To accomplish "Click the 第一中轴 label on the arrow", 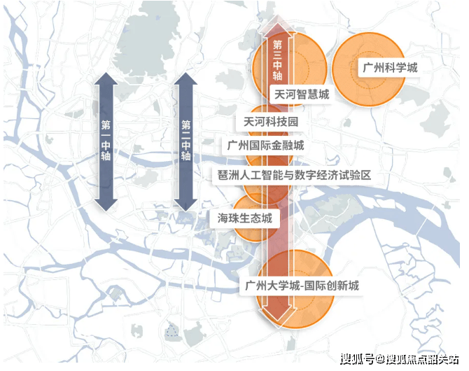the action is pyautogui.click(x=106, y=140).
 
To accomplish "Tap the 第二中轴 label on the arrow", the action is pyautogui.click(x=185, y=140).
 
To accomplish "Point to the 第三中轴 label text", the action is pyautogui.click(x=277, y=60).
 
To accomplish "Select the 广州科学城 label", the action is pyautogui.click(x=390, y=68).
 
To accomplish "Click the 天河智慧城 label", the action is pyautogui.click(x=302, y=94).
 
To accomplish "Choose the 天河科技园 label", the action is pyautogui.click(x=271, y=122).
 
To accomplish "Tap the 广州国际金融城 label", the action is pyautogui.click(x=265, y=146).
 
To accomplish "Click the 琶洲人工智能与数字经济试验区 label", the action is pyautogui.click(x=294, y=175).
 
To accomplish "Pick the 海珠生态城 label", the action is pyautogui.click(x=245, y=218).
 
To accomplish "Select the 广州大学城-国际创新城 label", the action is pyautogui.click(x=302, y=286).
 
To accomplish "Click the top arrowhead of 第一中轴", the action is pyautogui.click(x=106, y=78).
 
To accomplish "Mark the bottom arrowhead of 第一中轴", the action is pyautogui.click(x=106, y=205).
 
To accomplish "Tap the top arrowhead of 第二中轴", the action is pyautogui.click(x=185, y=78).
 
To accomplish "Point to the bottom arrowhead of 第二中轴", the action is pyautogui.click(x=185, y=205).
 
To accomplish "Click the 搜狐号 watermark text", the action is pyautogui.click(x=357, y=358).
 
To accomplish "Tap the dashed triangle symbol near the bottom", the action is pyautogui.click(x=171, y=330).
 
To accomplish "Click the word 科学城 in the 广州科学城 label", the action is pyautogui.click(x=401, y=68).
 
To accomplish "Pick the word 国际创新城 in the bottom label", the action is pyautogui.click(x=332, y=286).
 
